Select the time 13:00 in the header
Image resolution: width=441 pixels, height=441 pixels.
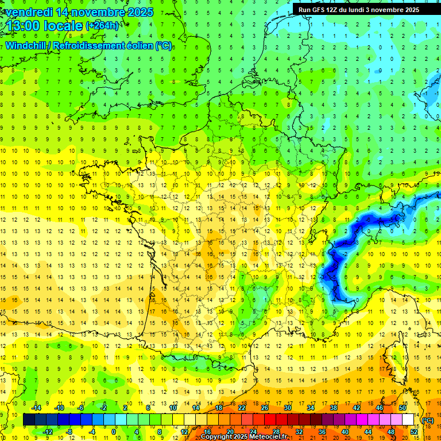point(25,26)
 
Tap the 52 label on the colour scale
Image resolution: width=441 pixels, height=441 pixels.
point(413,432)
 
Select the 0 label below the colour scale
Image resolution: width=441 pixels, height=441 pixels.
point(114,432)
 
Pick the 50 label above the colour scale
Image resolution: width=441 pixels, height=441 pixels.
point(402,408)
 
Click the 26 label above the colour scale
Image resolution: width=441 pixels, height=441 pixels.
point(265,408)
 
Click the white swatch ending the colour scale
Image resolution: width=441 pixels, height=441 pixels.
point(408,420)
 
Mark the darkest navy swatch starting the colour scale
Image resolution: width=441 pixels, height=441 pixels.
point(29,420)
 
